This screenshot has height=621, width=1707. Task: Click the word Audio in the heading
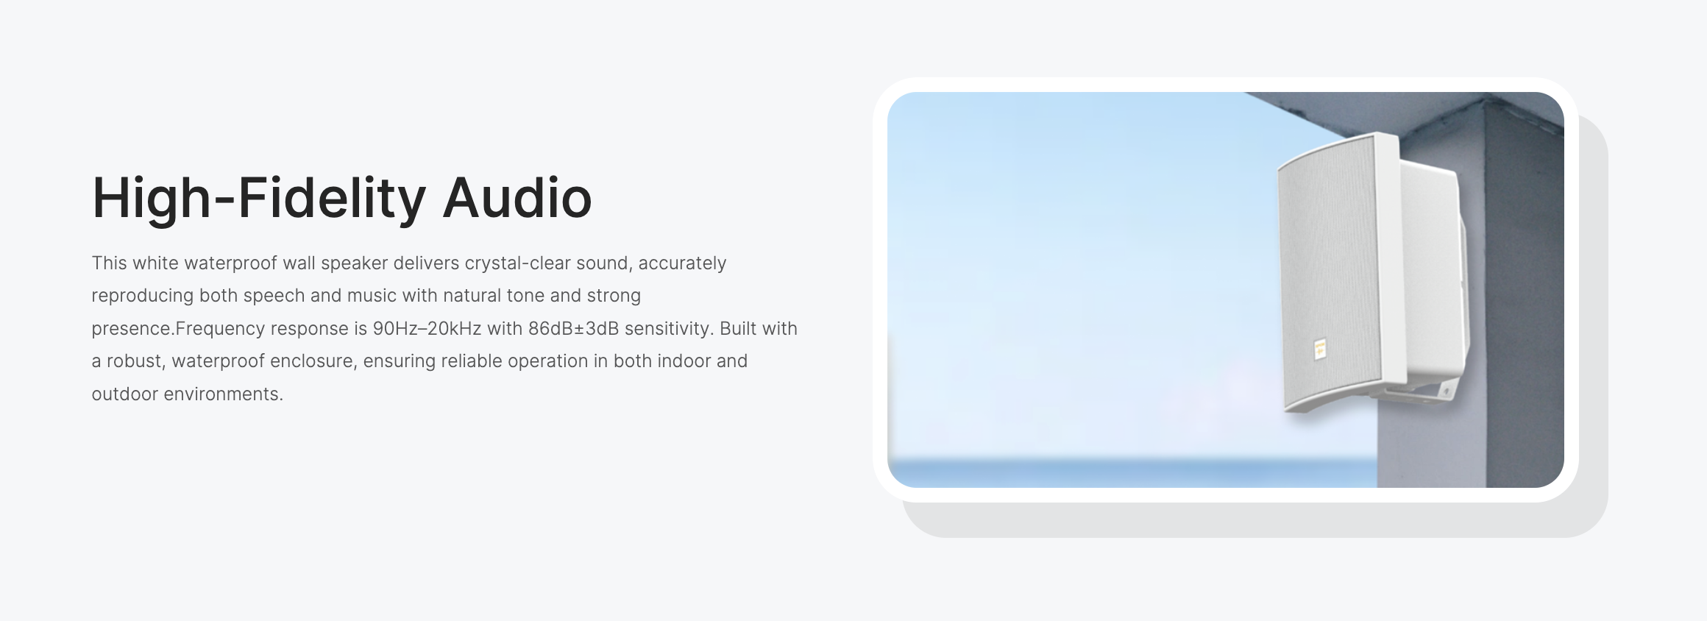pos(517,198)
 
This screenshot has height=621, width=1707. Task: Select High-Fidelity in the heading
pos(259,199)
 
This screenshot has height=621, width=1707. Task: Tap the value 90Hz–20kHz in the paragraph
pos(427,328)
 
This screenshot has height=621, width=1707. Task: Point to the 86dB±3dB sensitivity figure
pos(574,328)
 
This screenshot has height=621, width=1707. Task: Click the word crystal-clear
pos(517,263)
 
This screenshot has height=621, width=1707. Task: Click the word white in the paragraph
pos(155,263)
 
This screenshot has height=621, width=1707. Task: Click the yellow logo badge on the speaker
pos(1319,348)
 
